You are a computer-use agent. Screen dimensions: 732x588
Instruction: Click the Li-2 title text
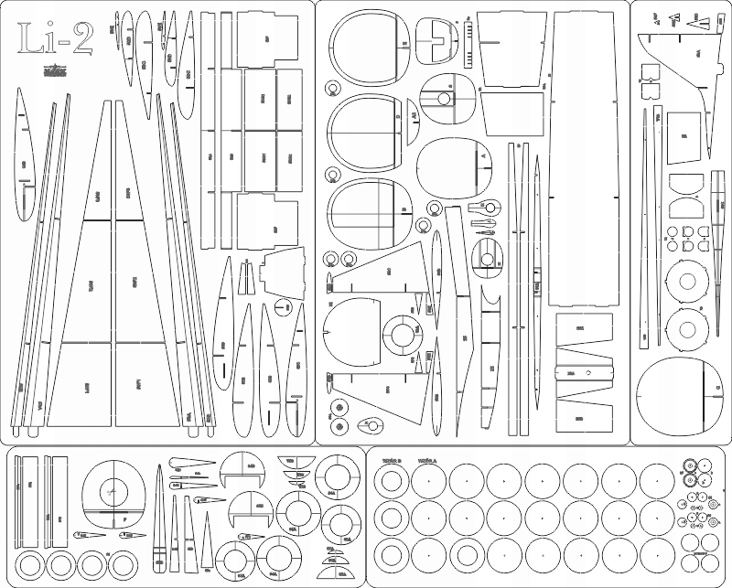[54, 39]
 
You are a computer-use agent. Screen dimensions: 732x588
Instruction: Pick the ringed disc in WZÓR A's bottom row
[466, 556]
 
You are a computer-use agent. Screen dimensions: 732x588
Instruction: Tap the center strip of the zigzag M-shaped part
[584, 373]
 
